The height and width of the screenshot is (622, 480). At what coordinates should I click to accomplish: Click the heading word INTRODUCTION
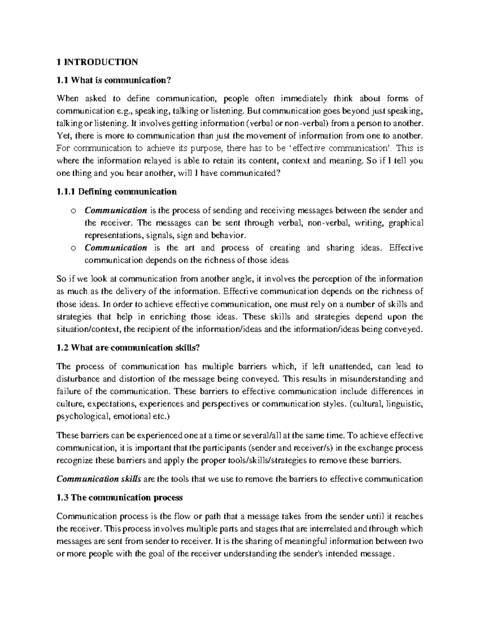[100, 62]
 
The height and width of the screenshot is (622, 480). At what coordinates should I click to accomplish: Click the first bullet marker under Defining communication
[73, 211]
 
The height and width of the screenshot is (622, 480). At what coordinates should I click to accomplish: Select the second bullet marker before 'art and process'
[73, 248]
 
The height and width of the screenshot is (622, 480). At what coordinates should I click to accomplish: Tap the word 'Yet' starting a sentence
[63, 136]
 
